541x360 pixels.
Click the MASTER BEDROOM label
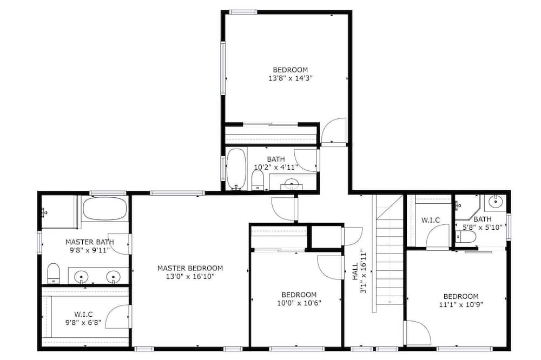(x=190, y=268)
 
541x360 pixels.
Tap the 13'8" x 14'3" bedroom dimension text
(x=290, y=78)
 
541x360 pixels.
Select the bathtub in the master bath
(x=105, y=208)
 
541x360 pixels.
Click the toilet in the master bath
(x=53, y=273)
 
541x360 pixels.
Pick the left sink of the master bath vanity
(x=82, y=277)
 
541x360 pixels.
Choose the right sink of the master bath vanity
(x=113, y=277)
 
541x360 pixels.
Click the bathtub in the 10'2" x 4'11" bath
(x=236, y=169)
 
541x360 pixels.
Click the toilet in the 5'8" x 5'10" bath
(x=466, y=237)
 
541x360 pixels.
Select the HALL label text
(x=355, y=271)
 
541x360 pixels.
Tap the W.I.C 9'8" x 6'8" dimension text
(x=83, y=323)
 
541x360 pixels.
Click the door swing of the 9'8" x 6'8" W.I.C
(x=118, y=316)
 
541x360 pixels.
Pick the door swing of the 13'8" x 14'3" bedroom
(x=333, y=130)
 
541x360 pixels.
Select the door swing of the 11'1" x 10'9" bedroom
(x=419, y=332)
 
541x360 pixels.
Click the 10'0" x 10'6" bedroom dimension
(x=299, y=303)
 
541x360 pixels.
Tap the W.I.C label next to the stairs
(x=430, y=220)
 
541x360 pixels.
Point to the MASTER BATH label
(x=90, y=242)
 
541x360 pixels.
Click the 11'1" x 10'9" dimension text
(x=461, y=304)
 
